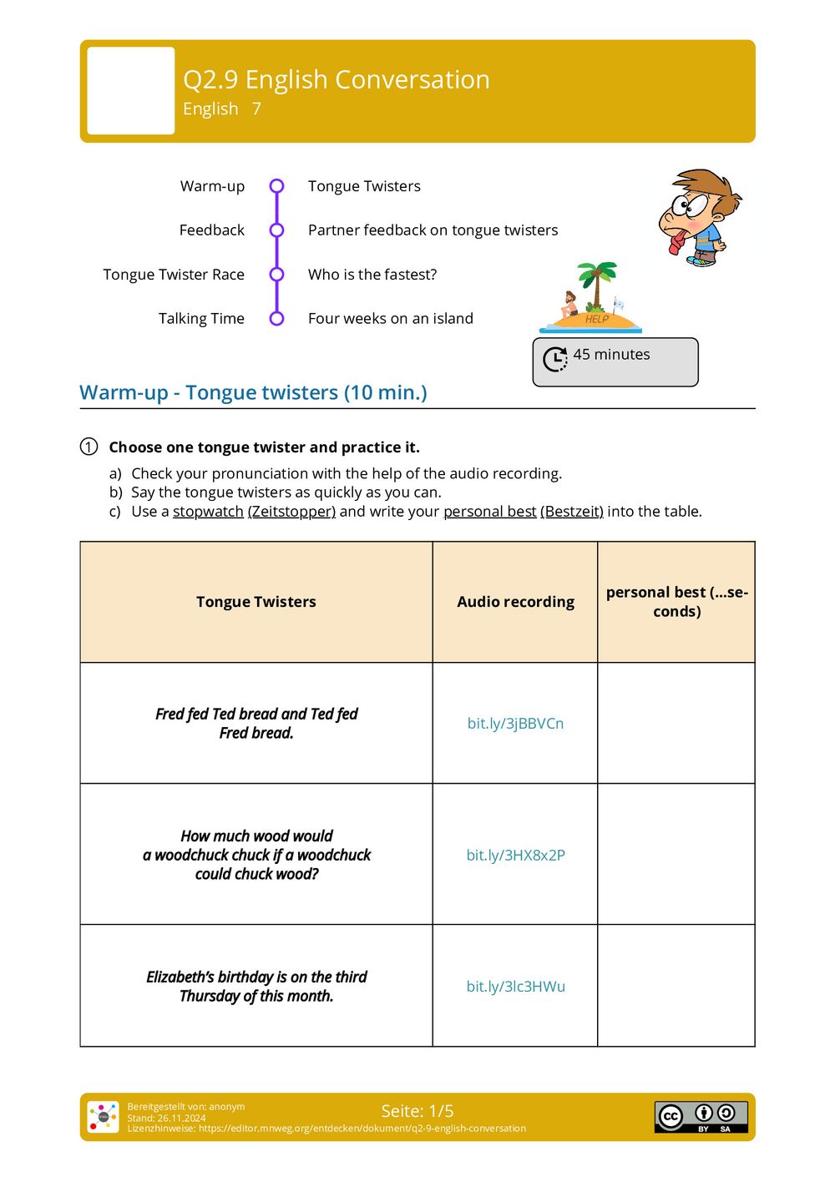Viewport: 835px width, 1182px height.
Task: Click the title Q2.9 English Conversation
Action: click(x=336, y=79)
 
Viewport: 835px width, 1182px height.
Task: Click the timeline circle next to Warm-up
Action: click(x=277, y=186)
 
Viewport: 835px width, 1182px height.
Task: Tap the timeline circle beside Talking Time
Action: click(x=277, y=318)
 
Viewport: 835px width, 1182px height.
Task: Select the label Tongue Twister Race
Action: click(x=174, y=275)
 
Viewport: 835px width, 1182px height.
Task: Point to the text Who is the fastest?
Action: click(x=372, y=275)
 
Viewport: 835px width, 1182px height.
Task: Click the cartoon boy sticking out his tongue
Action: click(x=699, y=218)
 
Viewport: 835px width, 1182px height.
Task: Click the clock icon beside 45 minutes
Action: click(x=555, y=359)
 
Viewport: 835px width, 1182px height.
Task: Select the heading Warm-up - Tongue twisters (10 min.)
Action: click(x=253, y=392)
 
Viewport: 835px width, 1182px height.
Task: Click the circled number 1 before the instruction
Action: click(x=89, y=447)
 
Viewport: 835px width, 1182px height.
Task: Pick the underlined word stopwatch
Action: click(x=208, y=512)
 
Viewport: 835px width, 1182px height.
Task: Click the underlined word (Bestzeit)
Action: click(x=572, y=512)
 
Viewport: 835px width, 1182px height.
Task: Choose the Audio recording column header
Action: click(x=515, y=602)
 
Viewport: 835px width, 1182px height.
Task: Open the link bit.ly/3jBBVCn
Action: click(x=515, y=724)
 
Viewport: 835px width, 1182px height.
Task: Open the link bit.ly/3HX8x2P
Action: click(x=515, y=855)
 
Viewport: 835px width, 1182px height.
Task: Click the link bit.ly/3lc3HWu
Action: click(x=515, y=987)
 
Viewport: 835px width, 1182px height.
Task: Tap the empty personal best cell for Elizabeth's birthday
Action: click(x=676, y=986)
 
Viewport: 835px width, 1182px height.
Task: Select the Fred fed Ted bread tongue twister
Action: click(x=256, y=724)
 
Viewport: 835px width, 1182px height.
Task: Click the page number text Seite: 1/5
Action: click(x=417, y=1111)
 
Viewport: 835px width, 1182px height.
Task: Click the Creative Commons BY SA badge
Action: click(x=701, y=1117)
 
